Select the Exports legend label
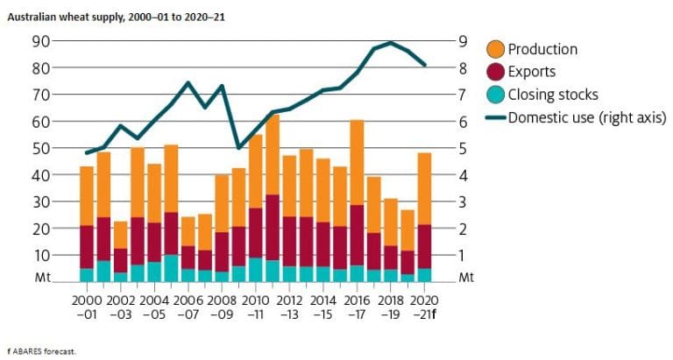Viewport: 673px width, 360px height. (x=532, y=72)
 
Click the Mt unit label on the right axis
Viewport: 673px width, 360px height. (x=466, y=278)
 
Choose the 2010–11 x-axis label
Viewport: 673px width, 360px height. (x=256, y=307)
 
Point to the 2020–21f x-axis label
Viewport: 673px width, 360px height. (x=424, y=307)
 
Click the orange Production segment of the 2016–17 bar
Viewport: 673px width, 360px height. (x=357, y=162)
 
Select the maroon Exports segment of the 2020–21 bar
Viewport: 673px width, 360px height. (x=424, y=246)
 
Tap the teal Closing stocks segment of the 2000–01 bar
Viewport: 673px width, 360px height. (x=87, y=275)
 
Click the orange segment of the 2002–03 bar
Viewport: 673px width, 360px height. (x=121, y=235)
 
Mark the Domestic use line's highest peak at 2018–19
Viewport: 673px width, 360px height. (x=391, y=43)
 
